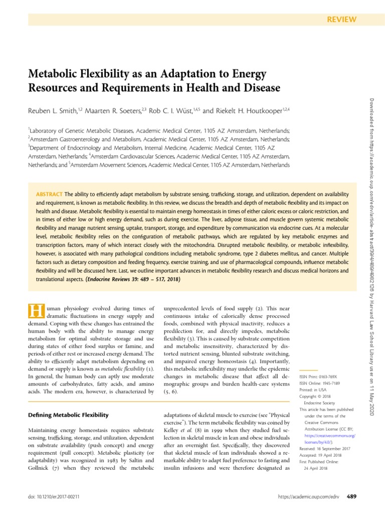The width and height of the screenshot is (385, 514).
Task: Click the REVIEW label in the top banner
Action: (341, 19)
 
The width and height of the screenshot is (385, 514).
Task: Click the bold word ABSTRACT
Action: (49, 194)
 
